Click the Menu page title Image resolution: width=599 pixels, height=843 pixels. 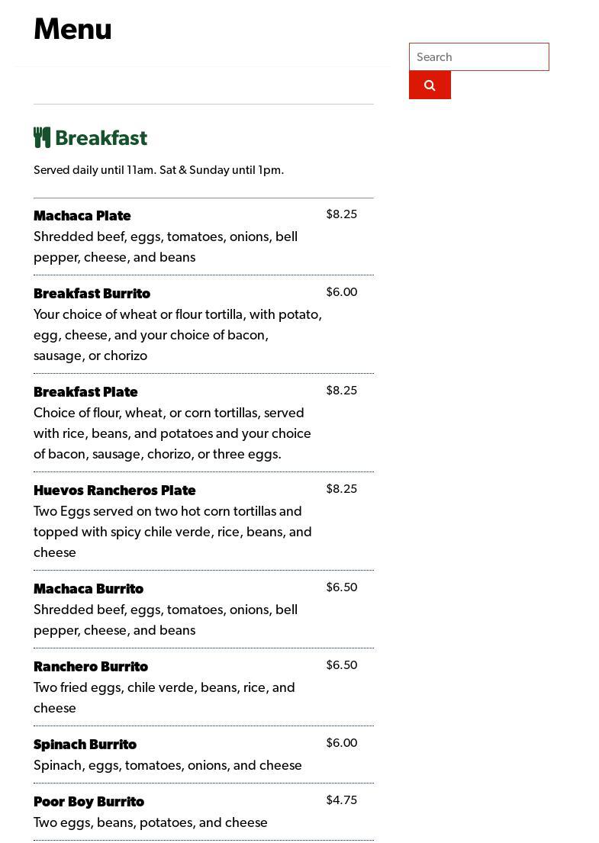point(72,30)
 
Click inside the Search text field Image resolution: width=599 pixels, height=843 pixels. point(478,57)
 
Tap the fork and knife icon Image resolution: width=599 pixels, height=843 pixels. point(42,137)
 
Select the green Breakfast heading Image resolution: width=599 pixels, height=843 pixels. point(101,138)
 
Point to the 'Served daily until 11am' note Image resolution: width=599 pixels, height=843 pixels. point(158,170)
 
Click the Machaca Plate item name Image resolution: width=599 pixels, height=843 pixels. point(82,216)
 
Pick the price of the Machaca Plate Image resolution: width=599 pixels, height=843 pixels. point(341,214)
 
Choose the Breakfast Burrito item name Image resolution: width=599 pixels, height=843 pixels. point(92,294)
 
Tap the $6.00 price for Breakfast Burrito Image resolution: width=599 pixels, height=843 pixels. point(341,292)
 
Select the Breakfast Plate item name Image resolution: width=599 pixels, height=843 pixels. point(85,392)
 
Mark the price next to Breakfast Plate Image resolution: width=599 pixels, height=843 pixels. point(341,391)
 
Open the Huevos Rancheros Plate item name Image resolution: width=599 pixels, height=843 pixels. point(114,491)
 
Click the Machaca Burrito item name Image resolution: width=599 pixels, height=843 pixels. point(89,589)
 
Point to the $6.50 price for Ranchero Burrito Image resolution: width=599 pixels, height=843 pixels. point(341,665)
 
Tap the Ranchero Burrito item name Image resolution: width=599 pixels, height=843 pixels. point(91,667)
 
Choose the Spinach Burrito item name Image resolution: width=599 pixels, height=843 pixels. point(85,745)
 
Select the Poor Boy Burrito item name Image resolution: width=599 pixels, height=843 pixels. point(89,802)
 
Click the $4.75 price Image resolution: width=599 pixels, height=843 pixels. point(341,800)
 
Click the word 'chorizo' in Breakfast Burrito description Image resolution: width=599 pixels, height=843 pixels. point(124,356)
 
